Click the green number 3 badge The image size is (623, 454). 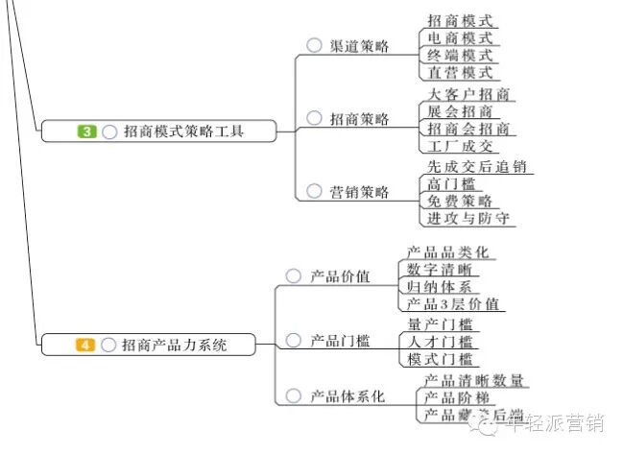pos(87,131)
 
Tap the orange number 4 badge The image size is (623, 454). pos(85,345)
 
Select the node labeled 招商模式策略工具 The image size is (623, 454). pos(183,131)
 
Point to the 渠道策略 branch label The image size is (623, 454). pos(360,46)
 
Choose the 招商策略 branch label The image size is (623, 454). pos(360,119)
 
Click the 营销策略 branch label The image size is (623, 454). pos(360,192)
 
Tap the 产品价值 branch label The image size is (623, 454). pos(340,276)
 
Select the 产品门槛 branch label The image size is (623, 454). pos(340,341)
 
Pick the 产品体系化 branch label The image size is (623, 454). pos(347,395)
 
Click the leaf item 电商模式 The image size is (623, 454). pos(460,37)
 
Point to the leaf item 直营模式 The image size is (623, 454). pos(460,72)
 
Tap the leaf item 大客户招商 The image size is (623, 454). pos(468,94)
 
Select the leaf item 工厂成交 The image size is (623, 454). pos(460,146)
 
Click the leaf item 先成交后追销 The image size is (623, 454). pos(477,167)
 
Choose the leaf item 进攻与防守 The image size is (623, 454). pos(468,219)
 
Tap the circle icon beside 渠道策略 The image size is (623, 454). pos(314,45)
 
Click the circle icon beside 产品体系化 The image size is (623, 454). pos(294,395)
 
